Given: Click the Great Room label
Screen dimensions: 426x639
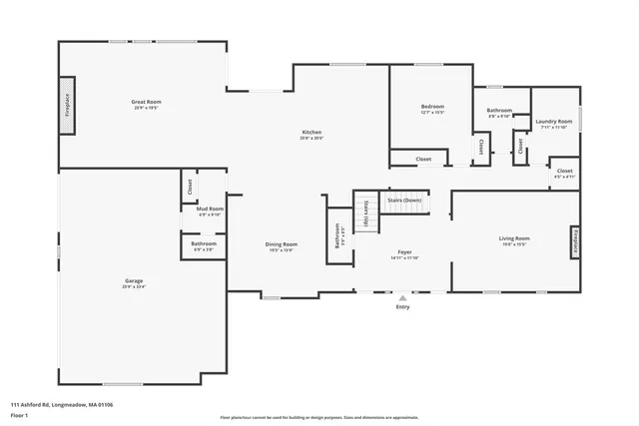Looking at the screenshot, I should [146, 103].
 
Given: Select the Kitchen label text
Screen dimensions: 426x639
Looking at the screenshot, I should [313, 134].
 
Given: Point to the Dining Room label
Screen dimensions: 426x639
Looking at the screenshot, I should [281, 244].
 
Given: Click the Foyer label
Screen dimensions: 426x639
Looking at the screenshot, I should [404, 253].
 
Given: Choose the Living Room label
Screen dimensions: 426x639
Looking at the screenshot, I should [514, 239].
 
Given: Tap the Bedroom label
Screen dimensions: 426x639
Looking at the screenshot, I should [432, 108].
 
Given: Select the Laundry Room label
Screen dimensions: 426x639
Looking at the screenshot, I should [553, 122].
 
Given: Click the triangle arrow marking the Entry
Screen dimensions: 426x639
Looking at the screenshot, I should [402, 297].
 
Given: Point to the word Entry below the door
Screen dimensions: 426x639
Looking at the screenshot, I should [402, 306].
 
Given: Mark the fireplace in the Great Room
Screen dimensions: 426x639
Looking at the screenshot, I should [68, 104].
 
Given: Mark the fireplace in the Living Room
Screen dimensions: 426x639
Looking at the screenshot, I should [575, 240].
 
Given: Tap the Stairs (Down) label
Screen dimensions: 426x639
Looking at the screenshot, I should [404, 201].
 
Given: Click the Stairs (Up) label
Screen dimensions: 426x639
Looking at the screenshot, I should [367, 214].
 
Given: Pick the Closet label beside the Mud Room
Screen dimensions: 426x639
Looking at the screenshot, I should [187, 186].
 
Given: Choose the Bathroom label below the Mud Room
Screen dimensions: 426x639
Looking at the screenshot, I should [204, 243].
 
